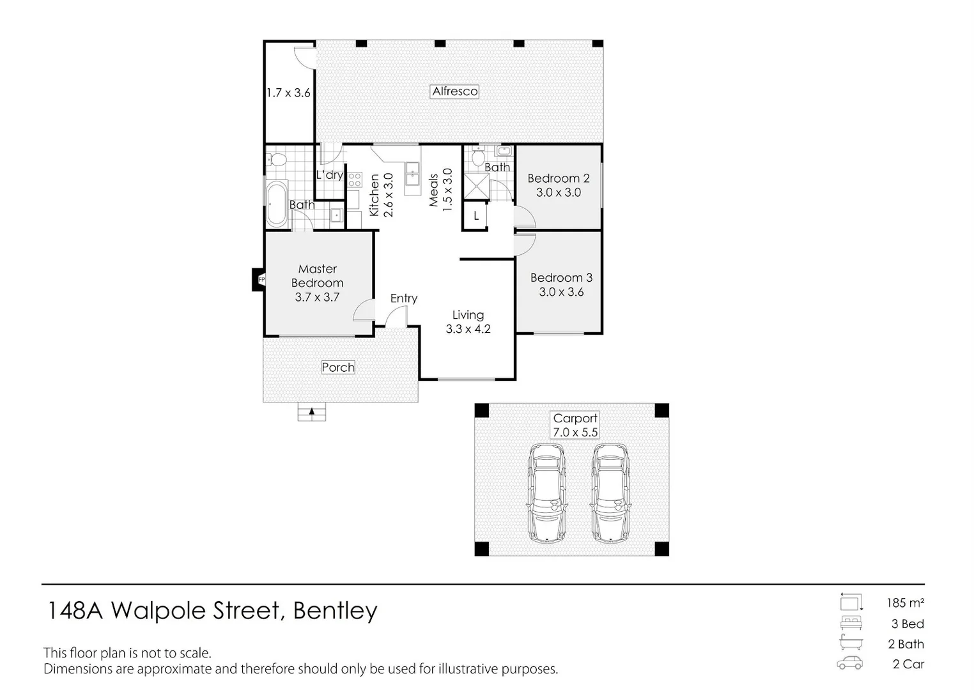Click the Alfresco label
[454, 91]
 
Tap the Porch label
[337, 367]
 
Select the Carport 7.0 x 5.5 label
[575, 425]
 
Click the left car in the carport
[547, 493]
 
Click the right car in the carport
[610, 493]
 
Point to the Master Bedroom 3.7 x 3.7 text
[317, 283]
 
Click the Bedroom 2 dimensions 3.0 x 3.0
[558, 192]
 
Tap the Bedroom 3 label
[561, 278]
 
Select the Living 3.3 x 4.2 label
[468, 322]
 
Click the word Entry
[403, 298]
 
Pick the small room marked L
[475, 216]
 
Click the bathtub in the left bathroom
[277, 204]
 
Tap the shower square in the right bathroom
[475, 186]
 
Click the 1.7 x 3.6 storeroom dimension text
[288, 93]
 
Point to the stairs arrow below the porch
[311, 411]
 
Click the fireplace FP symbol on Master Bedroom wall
[261, 280]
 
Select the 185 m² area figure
[904, 602]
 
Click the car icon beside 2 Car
[849, 664]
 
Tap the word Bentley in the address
[335, 611]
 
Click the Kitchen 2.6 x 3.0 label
[381, 195]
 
